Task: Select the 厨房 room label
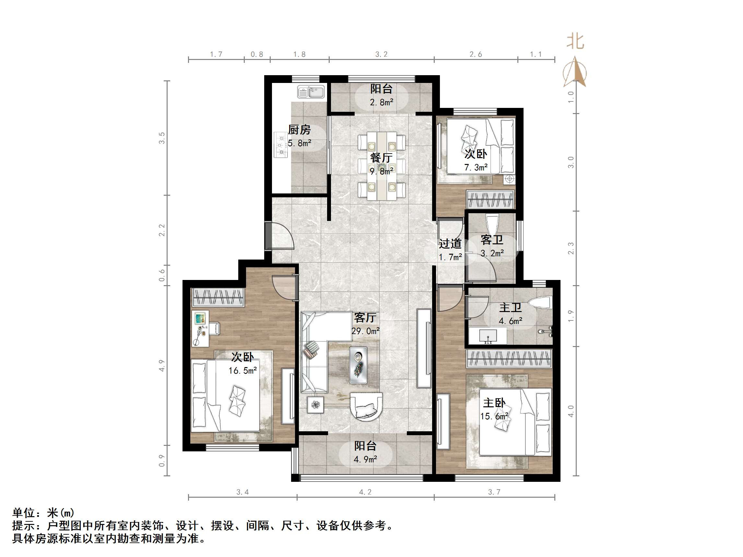click(x=299, y=130)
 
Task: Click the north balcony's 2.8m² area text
click(x=382, y=102)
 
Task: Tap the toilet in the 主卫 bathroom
click(x=541, y=302)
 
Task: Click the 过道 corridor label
click(x=450, y=243)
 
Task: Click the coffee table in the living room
click(x=358, y=365)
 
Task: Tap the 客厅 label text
click(x=365, y=317)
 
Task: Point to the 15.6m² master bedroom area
click(x=494, y=416)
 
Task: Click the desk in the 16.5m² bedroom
click(x=201, y=328)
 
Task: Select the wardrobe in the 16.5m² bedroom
click(x=218, y=297)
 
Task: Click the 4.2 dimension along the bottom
click(x=365, y=492)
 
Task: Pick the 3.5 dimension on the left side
click(x=162, y=138)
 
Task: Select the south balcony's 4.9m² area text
click(x=365, y=459)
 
